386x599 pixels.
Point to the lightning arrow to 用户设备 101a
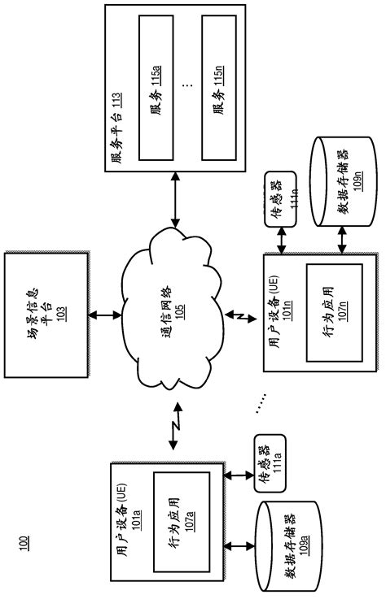coord(173,430)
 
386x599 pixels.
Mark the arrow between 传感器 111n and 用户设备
coord(279,240)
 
